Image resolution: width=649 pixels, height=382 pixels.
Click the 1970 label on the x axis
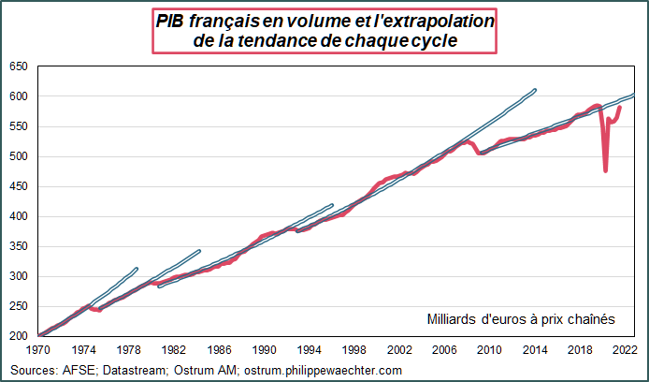pyautogui.click(x=38, y=348)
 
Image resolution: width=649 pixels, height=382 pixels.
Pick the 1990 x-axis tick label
pyautogui.click(x=264, y=348)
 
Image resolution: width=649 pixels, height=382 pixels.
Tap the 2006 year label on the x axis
pyautogui.click(x=444, y=348)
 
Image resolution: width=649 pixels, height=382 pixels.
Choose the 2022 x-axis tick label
pyautogui.click(x=624, y=348)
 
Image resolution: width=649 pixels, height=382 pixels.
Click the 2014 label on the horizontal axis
pyautogui.click(x=534, y=348)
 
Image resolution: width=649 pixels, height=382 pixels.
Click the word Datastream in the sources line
pyautogui.click(x=116, y=370)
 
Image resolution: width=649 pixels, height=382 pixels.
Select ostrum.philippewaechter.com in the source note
pyautogui.click(x=323, y=370)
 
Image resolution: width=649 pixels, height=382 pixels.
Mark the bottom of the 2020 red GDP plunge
pyautogui.click(x=606, y=170)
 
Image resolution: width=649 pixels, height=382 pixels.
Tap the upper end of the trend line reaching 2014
pyautogui.click(x=535, y=90)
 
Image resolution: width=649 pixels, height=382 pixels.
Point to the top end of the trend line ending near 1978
pyautogui.click(x=137, y=269)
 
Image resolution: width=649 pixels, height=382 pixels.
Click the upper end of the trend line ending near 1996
pyautogui.click(x=332, y=205)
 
